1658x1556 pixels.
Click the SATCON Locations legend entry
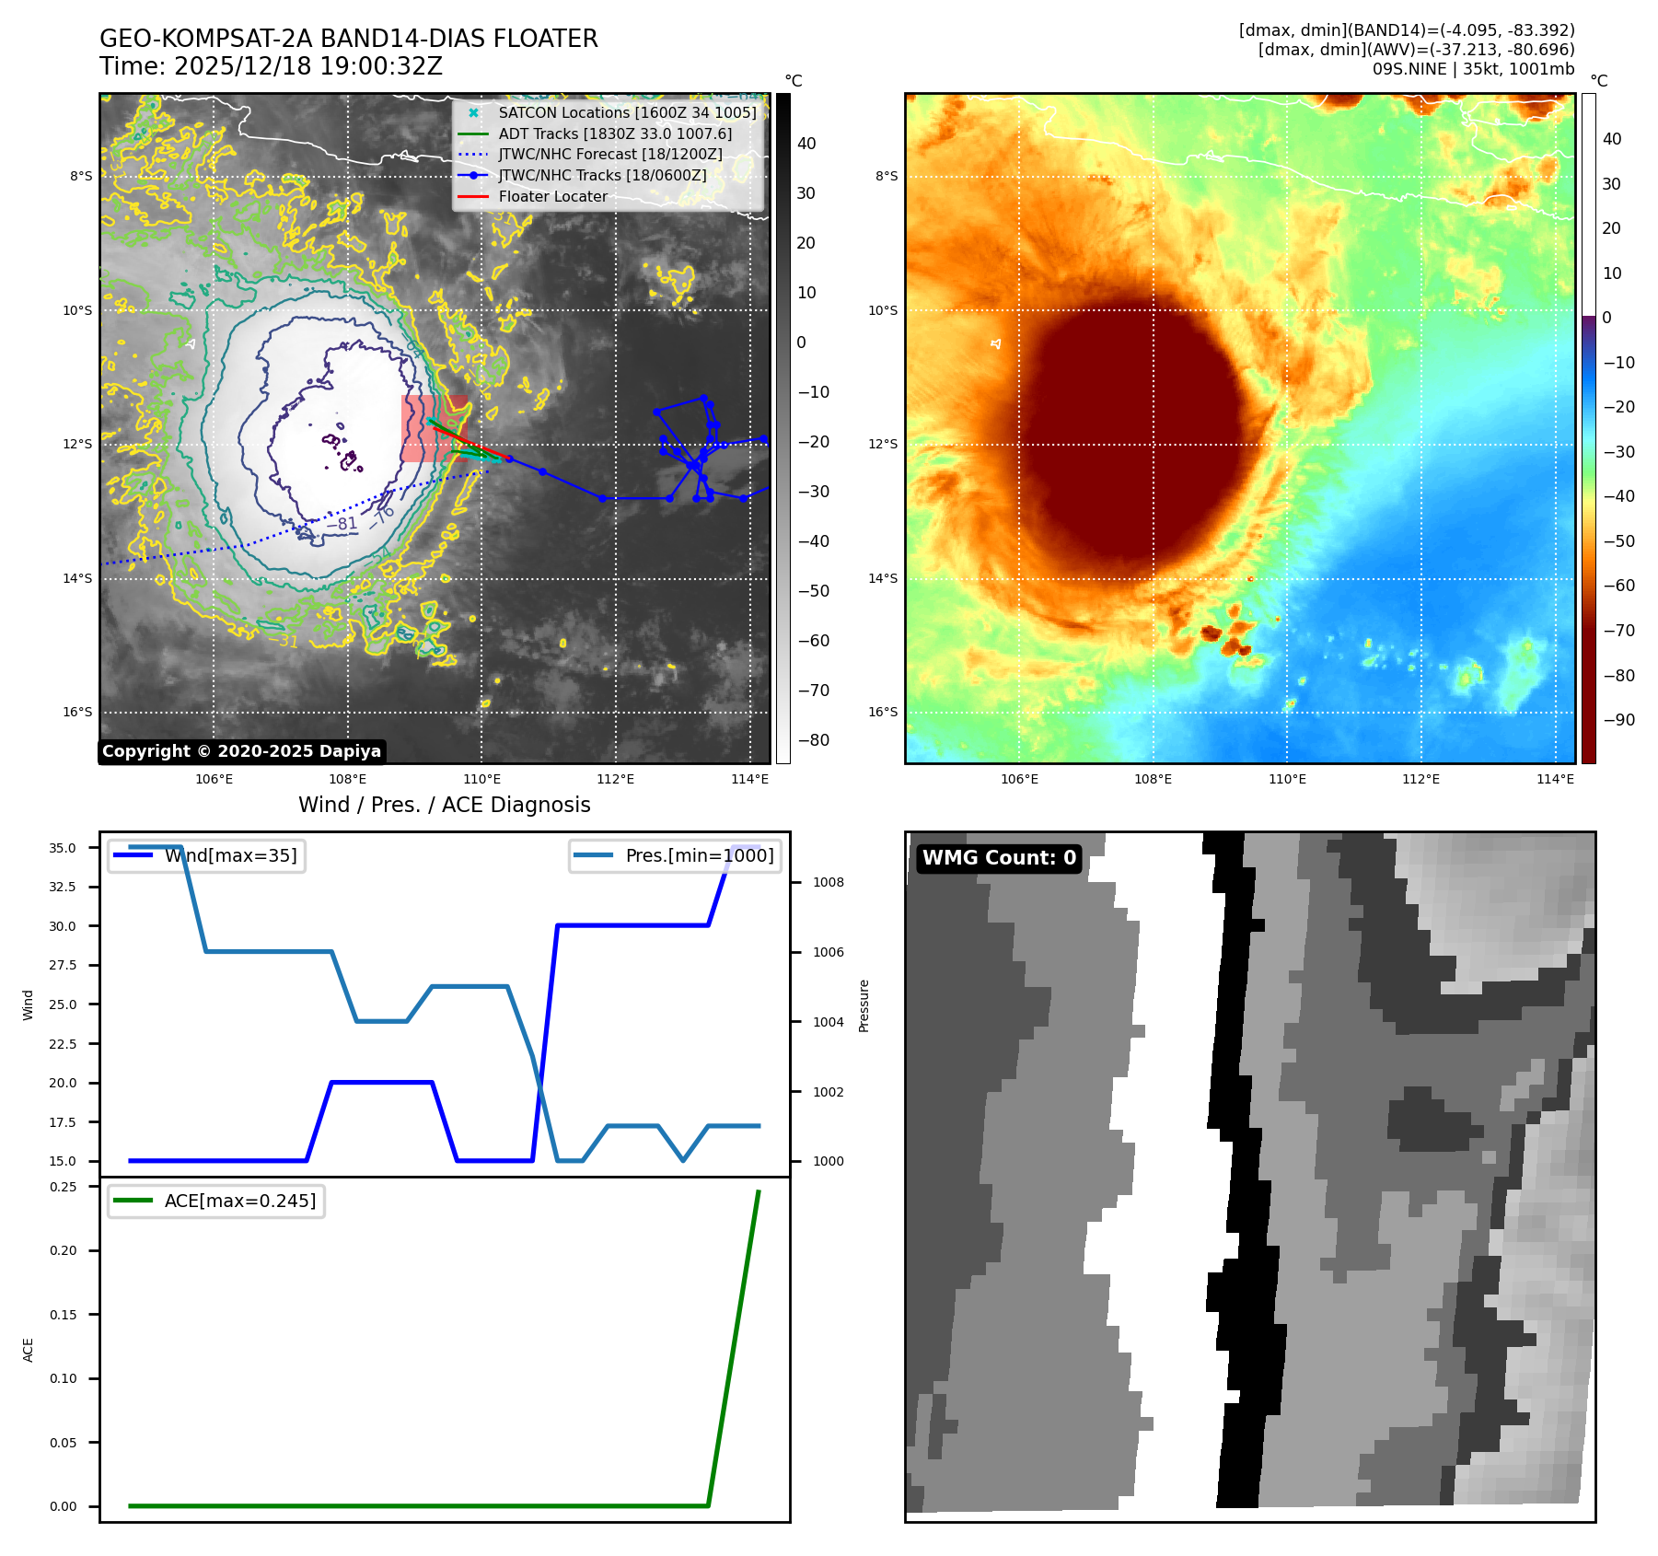626,113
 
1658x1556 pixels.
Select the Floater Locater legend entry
552,197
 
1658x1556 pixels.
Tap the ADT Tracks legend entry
615,134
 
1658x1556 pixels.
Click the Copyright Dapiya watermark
241,751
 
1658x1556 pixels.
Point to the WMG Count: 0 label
999,858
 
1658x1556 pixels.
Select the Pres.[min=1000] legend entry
699,856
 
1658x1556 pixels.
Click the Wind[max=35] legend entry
230,856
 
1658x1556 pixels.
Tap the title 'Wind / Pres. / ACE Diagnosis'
444,806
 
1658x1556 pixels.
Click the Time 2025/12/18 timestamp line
271,67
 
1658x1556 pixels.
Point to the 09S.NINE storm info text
1473,69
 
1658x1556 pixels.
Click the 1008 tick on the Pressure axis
829,883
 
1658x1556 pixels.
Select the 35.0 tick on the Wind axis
63,849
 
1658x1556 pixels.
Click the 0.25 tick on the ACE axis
64,1188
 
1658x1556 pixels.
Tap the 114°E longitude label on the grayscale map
749,780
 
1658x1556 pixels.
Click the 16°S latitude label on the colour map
883,713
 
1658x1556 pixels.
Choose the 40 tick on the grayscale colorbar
806,144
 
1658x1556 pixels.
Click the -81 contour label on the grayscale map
344,524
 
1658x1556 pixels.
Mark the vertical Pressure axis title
864,1006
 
